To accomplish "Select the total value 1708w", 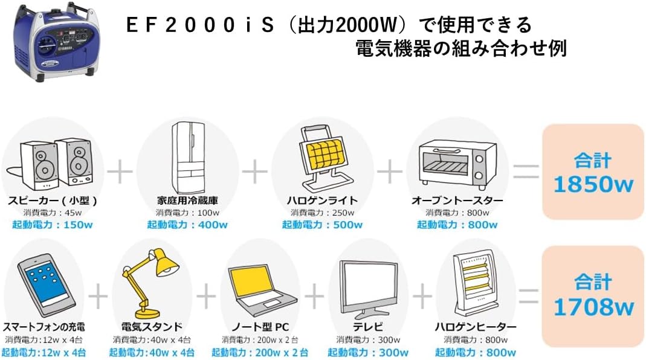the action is point(593,307).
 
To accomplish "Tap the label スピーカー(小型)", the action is point(53,201).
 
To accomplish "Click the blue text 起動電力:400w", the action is point(187,225).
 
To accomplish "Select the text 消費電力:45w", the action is point(53,213).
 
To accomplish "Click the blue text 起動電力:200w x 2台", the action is point(260,352).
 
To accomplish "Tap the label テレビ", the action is point(367,327).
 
